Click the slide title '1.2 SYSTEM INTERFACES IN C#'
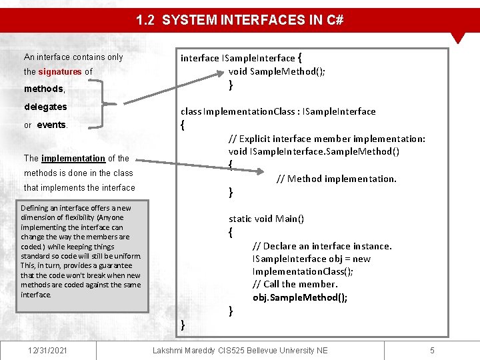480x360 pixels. (240, 20)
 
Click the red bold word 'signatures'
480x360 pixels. (59, 72)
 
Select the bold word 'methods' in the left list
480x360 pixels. (43, 89)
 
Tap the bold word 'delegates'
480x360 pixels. (45, 107)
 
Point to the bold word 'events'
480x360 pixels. (51, 125)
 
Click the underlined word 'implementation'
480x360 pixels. (73, 158)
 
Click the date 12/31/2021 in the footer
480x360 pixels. (47, 350)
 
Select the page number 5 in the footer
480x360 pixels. (432, 350)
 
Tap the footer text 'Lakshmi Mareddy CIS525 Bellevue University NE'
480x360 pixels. (240, 350)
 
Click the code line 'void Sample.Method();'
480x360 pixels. (277, 71)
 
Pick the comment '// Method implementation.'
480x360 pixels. (336, 179)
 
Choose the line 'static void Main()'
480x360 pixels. (266, 219)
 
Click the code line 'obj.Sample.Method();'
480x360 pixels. (300, 297)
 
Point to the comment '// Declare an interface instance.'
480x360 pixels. (322, 246)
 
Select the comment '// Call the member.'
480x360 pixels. (295, 284)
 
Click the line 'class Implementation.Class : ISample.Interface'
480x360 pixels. (278, 111)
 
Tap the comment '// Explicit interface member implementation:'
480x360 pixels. (327, 139)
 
